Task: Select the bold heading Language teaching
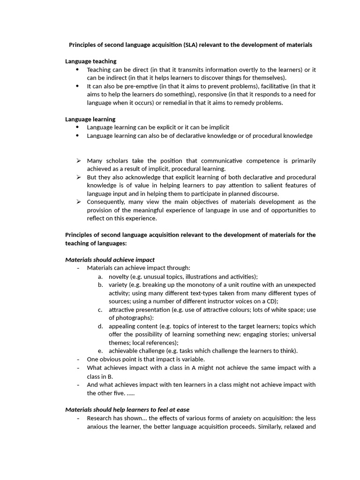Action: click(90, 61)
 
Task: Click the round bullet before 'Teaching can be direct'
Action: click(77, 70)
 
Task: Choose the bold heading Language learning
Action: click(90, 119)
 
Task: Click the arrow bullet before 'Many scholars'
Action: click(78, 161)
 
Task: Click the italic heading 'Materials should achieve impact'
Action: click(110, 260)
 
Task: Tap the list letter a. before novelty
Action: click(100, 277)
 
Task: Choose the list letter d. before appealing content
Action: click(100, 326)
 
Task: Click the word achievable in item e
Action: click(124, 351)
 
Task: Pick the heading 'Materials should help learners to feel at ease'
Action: click(127, 410)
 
